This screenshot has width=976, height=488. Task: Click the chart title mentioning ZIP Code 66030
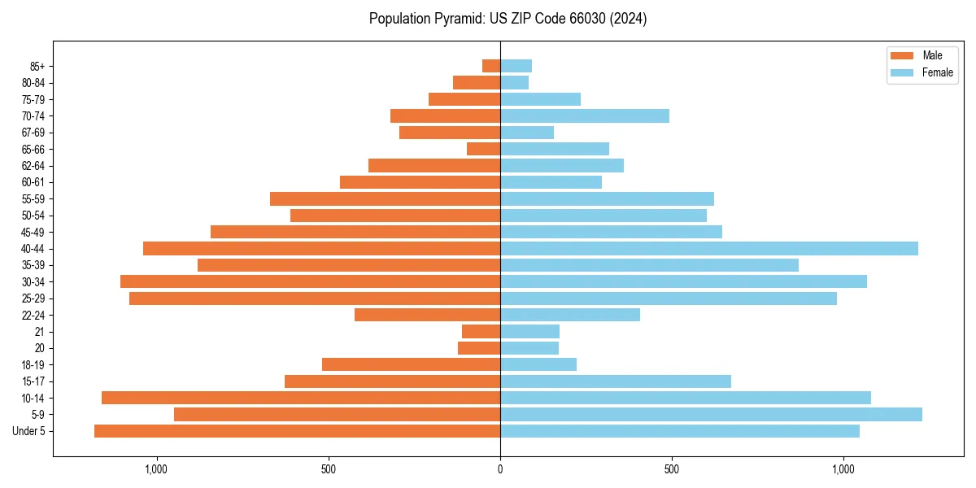click(508, 19)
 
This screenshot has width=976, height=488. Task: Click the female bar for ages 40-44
click(708, 248)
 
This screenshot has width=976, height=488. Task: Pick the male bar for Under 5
click(297, 431)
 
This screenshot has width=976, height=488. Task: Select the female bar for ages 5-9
click(711, 414)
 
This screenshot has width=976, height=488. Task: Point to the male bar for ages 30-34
click(310, 281)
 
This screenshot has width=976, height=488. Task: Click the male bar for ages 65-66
click(483, 149)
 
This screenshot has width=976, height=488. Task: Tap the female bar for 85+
click(516, 66)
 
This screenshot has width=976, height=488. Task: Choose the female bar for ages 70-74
click(584, 115)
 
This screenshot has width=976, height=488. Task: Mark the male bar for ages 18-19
click(411, 364)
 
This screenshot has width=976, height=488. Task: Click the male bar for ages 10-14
click(300, 398)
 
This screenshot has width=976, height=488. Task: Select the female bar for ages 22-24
click(569, 315)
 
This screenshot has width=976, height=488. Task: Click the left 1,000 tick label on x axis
click(155, 469)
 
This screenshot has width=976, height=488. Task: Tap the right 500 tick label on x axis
click(671, 469)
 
